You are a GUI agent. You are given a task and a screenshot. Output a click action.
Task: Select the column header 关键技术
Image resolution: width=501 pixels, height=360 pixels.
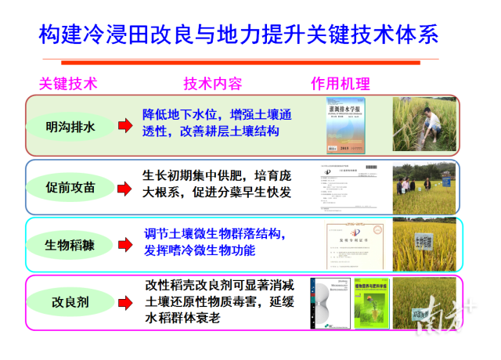(68, 84)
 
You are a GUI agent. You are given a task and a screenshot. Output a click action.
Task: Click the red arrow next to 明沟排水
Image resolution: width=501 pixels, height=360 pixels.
(124, 125)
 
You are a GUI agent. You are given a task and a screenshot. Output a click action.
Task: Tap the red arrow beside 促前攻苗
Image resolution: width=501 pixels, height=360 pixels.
(124, 187)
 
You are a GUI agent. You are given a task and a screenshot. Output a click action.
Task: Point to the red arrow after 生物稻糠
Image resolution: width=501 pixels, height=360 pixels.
(124, 244)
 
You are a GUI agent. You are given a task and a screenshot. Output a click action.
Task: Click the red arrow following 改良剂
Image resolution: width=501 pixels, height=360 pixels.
(124, 302)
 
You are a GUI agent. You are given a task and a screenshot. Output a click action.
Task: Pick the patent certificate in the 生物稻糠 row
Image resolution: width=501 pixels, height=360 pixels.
(355, 245)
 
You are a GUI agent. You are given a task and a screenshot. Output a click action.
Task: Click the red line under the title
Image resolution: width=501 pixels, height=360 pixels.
(240, 62)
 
